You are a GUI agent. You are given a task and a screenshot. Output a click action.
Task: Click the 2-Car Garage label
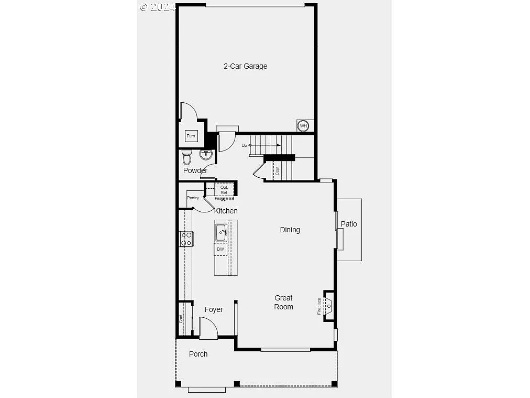(x=245, y=66)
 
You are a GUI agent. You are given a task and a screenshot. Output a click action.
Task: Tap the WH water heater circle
(x=303, y=126)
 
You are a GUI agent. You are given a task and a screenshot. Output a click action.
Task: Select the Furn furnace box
(x=191, y=136)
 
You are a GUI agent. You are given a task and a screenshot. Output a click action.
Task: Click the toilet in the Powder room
(x=187, y=156)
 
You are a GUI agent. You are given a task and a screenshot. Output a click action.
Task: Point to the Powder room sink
(x=206, y=155)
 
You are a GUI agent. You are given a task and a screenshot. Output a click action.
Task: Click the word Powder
(x=195, y=170)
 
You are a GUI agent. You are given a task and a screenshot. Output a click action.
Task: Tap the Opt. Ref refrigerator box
(x=224, y=190)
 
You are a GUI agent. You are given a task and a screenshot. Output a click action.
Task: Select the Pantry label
(x=193, y=198)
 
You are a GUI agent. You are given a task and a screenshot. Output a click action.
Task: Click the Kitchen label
(x=226, y=211)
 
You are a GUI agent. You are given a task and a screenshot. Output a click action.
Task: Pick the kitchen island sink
(x=221, y=232)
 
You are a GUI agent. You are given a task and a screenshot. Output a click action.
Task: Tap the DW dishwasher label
(x=220, y=249)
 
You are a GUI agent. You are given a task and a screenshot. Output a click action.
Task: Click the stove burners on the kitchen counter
(x=186, y=239)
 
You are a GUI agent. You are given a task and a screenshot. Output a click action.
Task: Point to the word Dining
(x=290, y=230)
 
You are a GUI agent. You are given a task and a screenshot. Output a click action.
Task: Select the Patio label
(x=349, y=224)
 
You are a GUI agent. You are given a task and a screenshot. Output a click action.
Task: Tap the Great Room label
(x=283, y=302)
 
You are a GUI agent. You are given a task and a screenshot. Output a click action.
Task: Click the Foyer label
(x=214, y=309)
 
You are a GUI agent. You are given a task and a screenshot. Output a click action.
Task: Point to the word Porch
(x=198, y=354)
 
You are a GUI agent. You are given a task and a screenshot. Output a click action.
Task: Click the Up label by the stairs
(x=244, y=145)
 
